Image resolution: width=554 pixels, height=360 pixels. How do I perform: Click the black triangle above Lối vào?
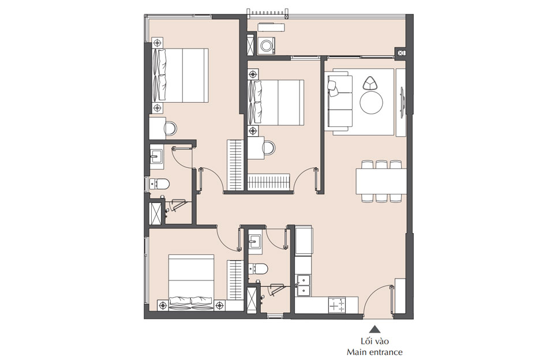[x=375, y=329]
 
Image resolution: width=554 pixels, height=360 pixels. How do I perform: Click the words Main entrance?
[x=375, y=352]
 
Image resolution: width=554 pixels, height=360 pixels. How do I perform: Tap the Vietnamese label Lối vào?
[x=375, y=342]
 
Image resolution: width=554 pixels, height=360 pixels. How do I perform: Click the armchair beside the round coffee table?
[x=369, y=82]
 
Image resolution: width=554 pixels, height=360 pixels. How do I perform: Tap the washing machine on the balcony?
[x=267, y=46]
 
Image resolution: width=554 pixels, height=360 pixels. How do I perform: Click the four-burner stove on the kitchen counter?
[x=336, y=304]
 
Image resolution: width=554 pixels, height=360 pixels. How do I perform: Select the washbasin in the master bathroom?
[x=156, y=156]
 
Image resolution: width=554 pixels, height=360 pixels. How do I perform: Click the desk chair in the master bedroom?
[x=171, y=127]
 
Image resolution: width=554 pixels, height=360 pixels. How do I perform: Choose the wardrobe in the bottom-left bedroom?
[x=234, y=280]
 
